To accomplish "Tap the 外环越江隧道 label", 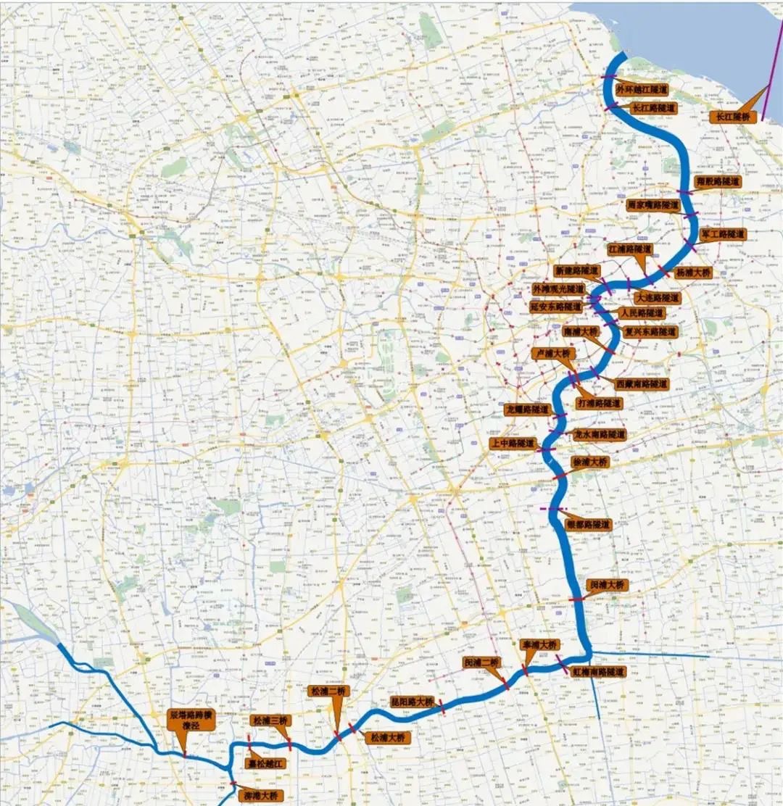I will (x=641, y=89).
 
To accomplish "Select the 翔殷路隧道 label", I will (x=717, y=181).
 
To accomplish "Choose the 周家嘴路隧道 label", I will (x=652, y=205).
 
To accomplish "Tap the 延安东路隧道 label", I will (x=556, y=307).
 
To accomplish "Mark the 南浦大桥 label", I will (x=581, y=331).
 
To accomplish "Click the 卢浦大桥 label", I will (x=553, y=354).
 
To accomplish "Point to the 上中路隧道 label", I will (x=513, y=443).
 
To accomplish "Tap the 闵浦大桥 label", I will (x=605, y=584).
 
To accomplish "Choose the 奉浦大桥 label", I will (x=539, y=644).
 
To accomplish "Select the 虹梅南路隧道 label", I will (x=597, y=672).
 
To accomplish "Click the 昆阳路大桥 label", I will (x=412, y=702).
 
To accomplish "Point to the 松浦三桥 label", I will (x=270, y=720).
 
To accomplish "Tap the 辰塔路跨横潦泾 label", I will (x=191, y=720).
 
